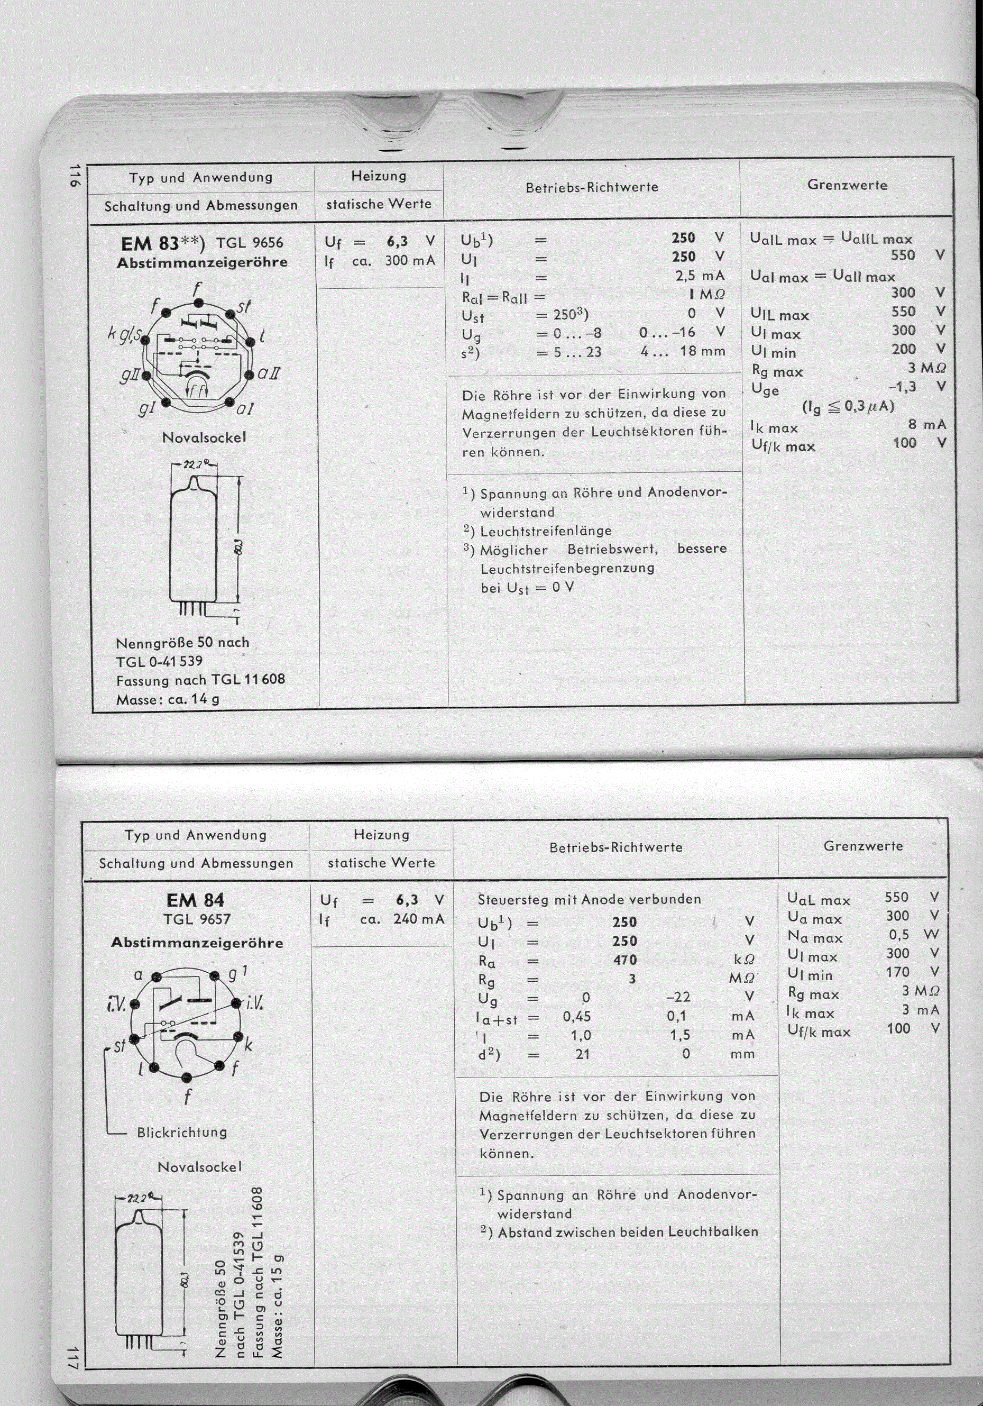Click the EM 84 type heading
[x=195, y=900]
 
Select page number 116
[x=75, y=178]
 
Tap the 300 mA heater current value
[x=409, y=260]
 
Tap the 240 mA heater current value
[x=419, y=918]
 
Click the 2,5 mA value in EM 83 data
[x=700, y=276]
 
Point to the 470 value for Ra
[x=624, y=960]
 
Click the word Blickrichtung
[x=182, y=1133]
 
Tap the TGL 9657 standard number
[x=197, y=919]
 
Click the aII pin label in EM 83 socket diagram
[x=269, y=373]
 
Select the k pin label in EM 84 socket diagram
[x=248, y=1045]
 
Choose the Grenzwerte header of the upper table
[x=847, y=185]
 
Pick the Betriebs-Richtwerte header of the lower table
[x=615, y=847]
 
